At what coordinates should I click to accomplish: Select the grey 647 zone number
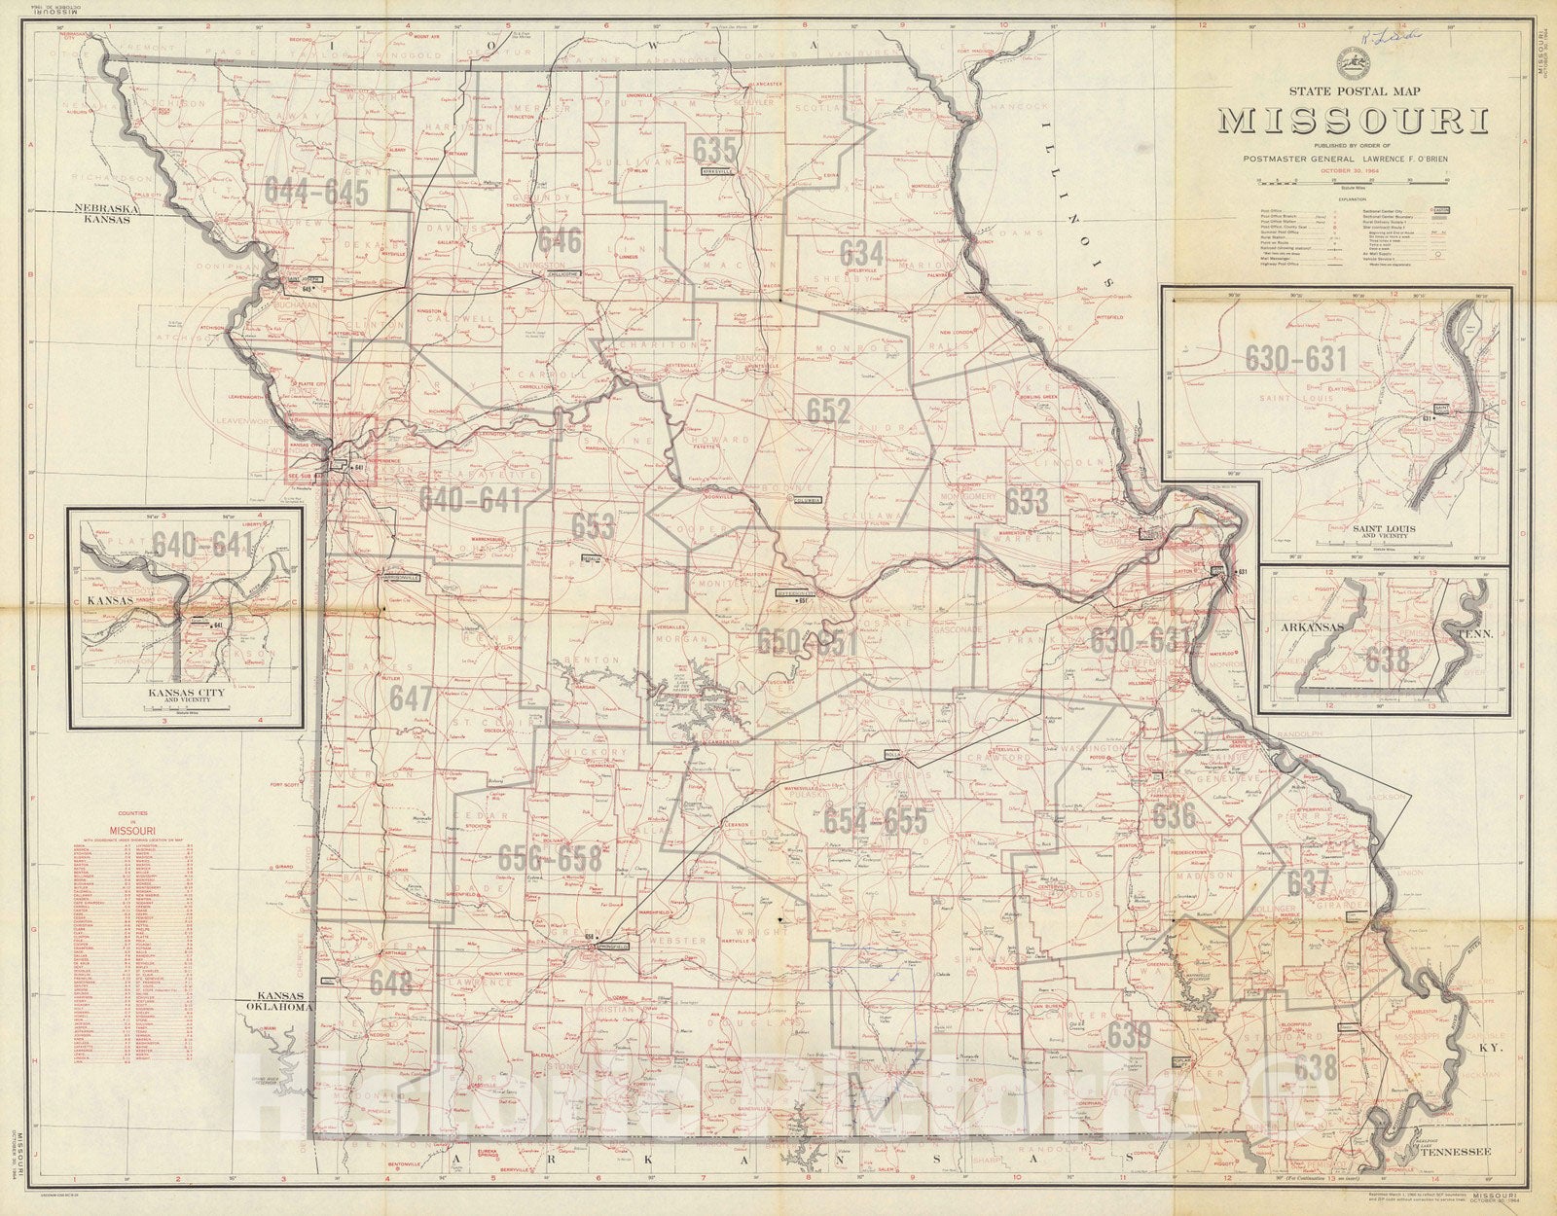click(410, 697)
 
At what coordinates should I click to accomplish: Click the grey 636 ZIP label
click(1175, 815)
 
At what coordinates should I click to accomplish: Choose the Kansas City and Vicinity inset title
click(184, 697)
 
